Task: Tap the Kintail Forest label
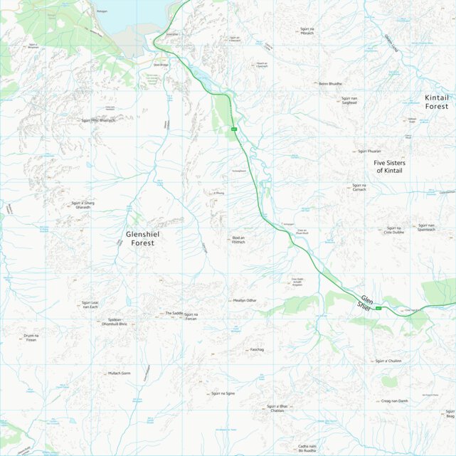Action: [437, 102]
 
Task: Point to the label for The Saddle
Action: [174, 313]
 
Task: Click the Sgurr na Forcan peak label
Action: [191, 317]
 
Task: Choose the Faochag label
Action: [257, 350]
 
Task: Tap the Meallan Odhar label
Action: [245, 301]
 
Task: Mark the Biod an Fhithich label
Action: [238, 240]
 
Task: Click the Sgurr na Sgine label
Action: [223, 393]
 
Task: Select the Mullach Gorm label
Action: [120, 373]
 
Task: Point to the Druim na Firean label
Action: [30, 338]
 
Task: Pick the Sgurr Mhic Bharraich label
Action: [98, 120]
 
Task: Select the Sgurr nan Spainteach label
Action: [426, 228]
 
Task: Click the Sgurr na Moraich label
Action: [307, 31]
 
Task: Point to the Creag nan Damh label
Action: [395, 401]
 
